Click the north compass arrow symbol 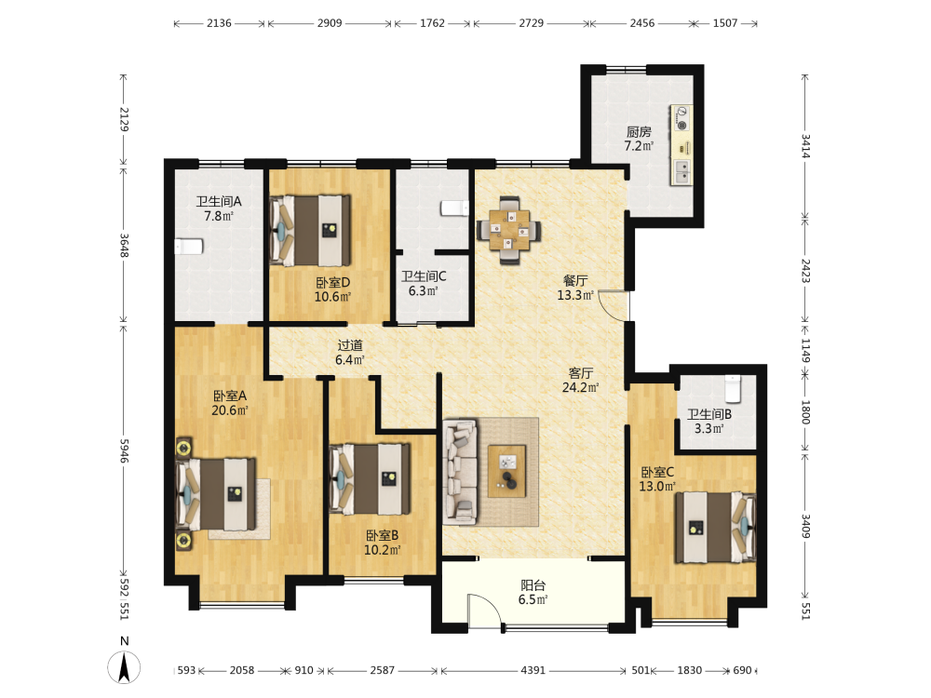(x=124, y=666)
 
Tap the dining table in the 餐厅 (x=509, y=230)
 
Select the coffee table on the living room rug (x=506, y=471)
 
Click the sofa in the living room (x=460, y=473)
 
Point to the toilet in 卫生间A (x=189, y=246)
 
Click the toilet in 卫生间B (x=733, y=389)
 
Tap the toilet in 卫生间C (x=454, y=208)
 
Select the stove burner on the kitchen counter (x=681, y=118)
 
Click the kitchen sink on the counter (x=681, y=172)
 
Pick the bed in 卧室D (x=309, y=230)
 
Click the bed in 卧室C (x=715, y=527)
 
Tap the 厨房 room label (x=639, y=132)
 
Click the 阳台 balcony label (x=533, y=585)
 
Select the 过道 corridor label (x=350, y=345)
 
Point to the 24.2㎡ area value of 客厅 (x=580, y=387)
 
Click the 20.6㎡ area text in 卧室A (x=230, y=410)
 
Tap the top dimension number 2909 (x=329, y=23)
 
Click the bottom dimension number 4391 (x=533, y=670)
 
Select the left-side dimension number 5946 (x=124, y=451)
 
